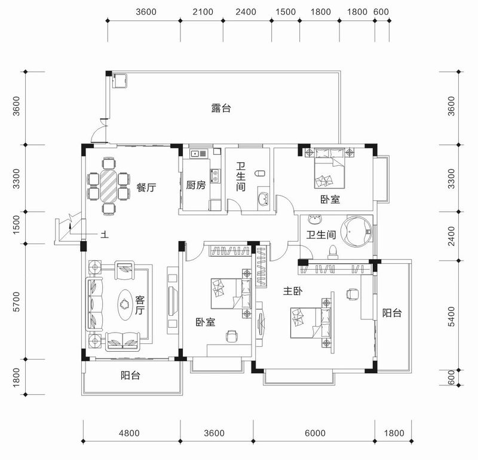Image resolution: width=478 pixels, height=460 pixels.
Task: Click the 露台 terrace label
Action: [221, 108]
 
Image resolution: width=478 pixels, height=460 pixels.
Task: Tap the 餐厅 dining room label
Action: [146, 187]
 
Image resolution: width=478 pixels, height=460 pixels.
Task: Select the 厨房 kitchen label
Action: [195, 185]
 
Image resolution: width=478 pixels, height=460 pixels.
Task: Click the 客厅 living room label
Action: [140, 305]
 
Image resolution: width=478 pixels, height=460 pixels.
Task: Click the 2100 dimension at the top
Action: [202, 12]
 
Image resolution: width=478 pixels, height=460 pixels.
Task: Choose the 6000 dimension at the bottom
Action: [314, 433]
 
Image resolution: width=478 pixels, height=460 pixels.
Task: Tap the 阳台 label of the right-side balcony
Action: [391, 312]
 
